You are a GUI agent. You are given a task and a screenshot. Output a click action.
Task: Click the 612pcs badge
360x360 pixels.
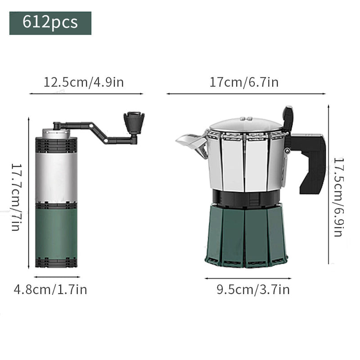tap(50, 22)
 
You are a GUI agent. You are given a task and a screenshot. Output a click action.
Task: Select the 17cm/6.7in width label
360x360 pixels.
tap(244, 82)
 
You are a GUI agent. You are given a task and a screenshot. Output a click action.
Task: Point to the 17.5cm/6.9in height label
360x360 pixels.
tap(338, 197)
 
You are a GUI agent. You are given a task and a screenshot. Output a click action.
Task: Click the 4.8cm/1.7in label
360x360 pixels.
tap(50, 289)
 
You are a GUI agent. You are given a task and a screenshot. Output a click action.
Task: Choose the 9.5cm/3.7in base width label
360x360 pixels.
tap(253, 289)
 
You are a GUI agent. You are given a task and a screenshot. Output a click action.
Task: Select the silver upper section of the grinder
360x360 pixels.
tap(56, 175)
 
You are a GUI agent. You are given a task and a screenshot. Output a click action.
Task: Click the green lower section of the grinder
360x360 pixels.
tap(56, 232)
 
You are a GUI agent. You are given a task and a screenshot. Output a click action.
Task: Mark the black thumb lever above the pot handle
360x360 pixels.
tap(288, 118)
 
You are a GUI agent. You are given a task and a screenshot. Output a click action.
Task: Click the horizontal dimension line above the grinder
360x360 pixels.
tap(85, 94)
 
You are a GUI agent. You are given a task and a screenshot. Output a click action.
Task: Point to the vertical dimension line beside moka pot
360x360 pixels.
tap(328, 184)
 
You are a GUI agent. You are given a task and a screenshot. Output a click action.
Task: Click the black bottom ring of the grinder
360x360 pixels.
tap(56, 262)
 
